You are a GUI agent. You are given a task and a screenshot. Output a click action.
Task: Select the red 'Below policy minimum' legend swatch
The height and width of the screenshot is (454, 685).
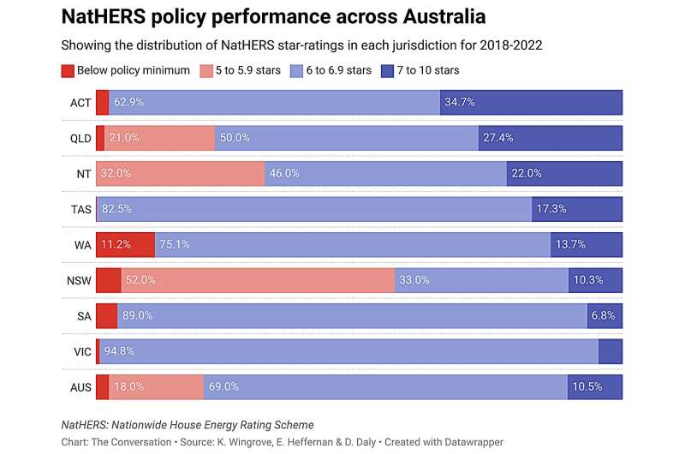tap(68, 70)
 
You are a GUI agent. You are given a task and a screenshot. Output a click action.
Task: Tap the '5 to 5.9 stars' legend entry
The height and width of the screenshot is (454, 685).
tap(248, 70)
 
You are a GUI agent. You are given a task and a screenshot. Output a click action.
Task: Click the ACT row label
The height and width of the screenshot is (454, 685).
tap(81, 102)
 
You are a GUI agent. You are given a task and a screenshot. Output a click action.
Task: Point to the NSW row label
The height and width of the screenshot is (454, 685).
tap(80, 280)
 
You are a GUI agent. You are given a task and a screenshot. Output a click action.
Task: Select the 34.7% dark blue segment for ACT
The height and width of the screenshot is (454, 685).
tap(532, 102)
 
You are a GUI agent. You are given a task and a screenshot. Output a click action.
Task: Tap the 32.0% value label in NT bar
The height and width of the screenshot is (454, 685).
tap(118, 173)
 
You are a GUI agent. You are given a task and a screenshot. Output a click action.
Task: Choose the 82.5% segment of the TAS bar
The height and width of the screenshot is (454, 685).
tap(313, 209)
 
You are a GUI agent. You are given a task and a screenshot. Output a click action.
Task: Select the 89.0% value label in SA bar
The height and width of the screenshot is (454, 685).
tap(138, 315)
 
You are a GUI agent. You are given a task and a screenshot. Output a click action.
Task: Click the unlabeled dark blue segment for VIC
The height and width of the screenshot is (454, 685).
tap(610, 351)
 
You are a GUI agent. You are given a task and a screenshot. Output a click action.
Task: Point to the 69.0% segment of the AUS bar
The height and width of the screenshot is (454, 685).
tap(385, 386)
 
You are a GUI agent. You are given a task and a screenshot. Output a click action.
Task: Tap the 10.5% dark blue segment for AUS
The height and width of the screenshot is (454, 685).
tap(594, 386)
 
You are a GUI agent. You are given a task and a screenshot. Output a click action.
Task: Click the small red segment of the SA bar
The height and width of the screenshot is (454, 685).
tap(106, 315)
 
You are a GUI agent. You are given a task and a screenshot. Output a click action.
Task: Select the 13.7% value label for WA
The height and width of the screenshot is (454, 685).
tap(573, 244)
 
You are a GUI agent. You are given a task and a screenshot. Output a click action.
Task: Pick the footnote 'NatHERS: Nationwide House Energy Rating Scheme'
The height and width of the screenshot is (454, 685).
tap(188, 425)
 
